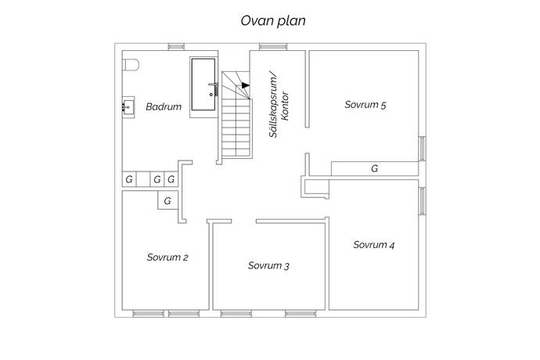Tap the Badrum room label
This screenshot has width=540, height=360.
(x=164, y=107)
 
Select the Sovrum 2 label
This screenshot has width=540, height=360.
(x=167, y=256)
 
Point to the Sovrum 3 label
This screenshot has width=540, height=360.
(x=268, y=266)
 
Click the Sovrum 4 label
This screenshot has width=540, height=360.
(x=373, y=245)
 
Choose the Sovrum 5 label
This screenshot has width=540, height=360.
(x=365, y=104)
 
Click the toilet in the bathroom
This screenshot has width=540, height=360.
(x=130, y=64)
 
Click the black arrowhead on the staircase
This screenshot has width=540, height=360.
(x=245, y=85)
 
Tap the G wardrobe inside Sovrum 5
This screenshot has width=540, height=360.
(x=374, y=168)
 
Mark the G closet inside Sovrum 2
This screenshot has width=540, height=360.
(x=167, y=202)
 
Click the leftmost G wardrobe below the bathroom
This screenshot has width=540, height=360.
(x=128, y=180)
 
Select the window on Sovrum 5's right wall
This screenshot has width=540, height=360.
(x=422, y=148)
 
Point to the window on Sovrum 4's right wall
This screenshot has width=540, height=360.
(x=422, y=200)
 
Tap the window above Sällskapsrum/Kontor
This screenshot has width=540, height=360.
(x=270, y=45)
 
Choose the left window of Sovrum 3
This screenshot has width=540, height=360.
(x=233, y=314)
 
